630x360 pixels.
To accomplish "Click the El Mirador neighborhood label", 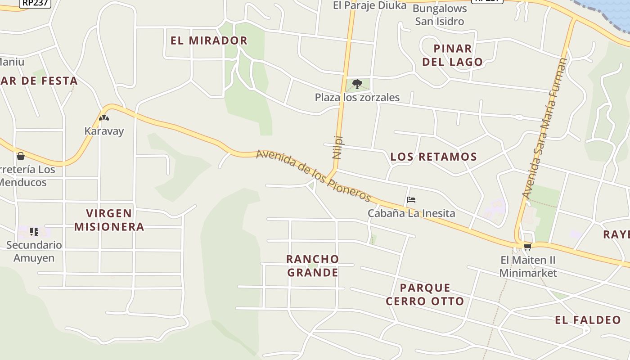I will pos(209,40).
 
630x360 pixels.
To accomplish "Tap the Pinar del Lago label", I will pos(452,55).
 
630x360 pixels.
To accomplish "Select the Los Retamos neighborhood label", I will pos(433,157).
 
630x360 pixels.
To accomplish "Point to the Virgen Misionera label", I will pos(109,220).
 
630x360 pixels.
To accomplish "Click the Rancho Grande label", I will pos(312,265).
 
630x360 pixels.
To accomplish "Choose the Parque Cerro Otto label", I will pos(425,294).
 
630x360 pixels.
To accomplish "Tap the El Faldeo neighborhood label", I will pos(588,320).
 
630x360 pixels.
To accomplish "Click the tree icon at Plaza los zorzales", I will pos(357,84).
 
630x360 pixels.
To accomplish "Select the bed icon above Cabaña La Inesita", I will pos(411,200).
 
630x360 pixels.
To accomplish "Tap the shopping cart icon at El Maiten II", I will pos(527,247).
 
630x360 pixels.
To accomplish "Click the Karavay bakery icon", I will pos(104,118).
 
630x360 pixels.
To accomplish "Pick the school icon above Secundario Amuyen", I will pos(34,232).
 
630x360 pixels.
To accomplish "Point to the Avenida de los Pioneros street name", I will pos(314,175).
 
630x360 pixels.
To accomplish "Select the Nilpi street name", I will pos(337,147).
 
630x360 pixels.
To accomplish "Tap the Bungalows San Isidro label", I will pos(439,15).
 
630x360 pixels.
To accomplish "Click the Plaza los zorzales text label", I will pos(357,97).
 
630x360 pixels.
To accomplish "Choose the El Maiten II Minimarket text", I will pos(528,266).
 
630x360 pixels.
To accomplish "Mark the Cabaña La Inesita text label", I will pos(411,213).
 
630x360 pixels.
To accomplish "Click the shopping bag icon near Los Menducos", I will pos(20,156).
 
